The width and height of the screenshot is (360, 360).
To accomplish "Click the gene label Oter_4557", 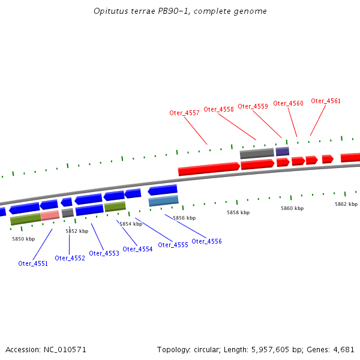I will [184, 113].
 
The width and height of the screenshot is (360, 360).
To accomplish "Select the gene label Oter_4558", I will [218, 109].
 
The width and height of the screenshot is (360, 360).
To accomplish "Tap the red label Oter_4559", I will [253, 106].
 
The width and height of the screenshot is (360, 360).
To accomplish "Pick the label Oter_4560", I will [288, 103].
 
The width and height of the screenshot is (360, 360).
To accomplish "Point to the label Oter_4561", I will [326, 101].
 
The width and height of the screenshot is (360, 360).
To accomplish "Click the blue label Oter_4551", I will [33, 263].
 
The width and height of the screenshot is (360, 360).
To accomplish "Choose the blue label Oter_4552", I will [70, 258].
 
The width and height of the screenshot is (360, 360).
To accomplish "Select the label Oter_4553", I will [104, 253].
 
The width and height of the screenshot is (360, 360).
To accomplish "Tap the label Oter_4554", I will [137, 249].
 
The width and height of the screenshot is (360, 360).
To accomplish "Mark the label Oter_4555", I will [173, 245].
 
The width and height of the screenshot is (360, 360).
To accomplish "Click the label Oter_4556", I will [206, 241].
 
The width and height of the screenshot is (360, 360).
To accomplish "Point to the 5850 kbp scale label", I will [23, 239].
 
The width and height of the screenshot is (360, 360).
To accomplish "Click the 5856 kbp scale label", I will [184, 218].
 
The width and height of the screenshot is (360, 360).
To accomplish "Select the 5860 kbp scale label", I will [292, 208].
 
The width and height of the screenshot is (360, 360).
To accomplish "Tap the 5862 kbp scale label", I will [346, 204].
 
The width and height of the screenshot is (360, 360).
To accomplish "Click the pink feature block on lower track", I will [50, 215].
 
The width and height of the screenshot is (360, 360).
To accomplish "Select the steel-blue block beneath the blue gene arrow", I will [163, 200].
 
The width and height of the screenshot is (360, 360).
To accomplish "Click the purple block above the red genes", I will [283, 151].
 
